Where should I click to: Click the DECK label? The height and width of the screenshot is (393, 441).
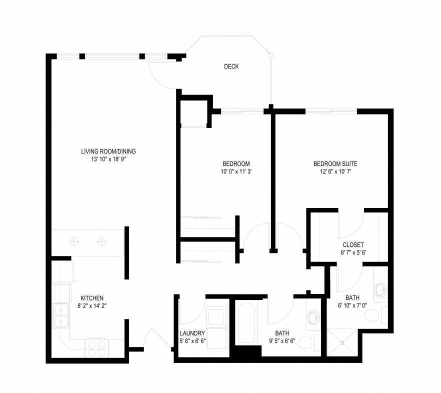point(231,66)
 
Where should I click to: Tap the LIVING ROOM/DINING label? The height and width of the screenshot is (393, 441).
point(108,151)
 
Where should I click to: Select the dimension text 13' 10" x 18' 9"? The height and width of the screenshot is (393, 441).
point(108,159)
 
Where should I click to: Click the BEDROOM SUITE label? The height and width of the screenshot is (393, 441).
point(335,163)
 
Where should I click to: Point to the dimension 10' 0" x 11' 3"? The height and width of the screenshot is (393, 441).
point(236,171)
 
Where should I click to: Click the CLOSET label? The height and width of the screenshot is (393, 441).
point(353,244)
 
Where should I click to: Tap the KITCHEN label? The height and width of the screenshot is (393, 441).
point(92,298)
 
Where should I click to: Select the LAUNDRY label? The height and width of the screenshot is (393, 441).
point(192,333)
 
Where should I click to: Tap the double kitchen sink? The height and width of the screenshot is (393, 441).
point(61,315)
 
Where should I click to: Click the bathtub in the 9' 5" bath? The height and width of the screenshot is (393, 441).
point(246,323)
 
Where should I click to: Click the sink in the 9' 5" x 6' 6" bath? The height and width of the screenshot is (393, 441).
point(313,318)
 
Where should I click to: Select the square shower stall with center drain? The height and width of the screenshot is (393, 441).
point(342,342)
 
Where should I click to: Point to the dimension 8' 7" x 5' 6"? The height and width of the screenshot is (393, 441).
point(353,252)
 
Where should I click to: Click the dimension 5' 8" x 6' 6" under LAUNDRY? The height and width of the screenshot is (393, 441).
point(192,340)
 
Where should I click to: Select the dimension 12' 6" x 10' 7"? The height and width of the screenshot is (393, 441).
point(335,171)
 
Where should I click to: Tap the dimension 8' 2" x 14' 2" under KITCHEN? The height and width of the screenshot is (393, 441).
point(92,306)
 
